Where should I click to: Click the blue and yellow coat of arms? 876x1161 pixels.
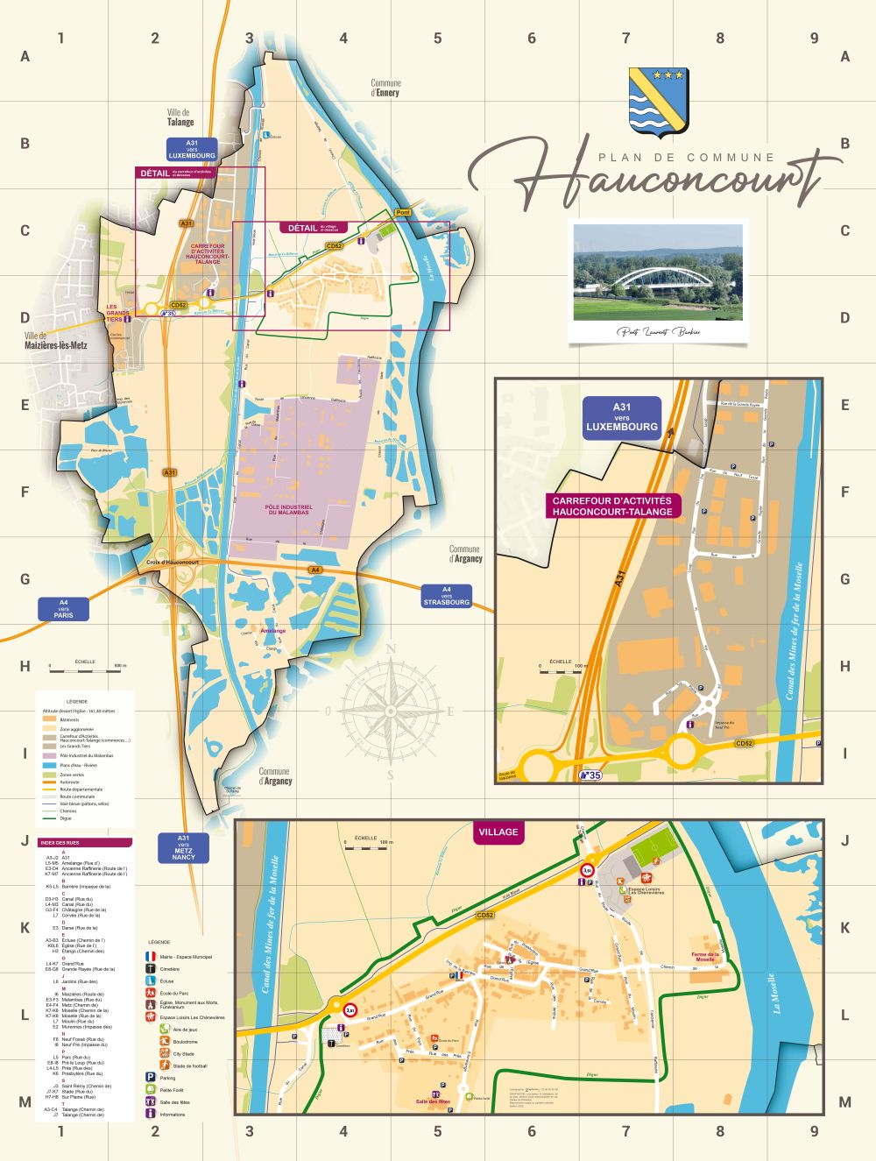coord(659,102)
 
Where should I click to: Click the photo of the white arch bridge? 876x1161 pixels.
coord(657,273)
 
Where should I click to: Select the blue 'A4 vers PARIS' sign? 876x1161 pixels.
coord(64,609)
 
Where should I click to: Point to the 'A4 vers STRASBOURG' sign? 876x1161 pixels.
coord(447,596)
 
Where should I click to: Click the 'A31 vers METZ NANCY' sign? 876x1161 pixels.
coord(184,847)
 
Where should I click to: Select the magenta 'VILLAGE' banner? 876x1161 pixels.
coord(498,832)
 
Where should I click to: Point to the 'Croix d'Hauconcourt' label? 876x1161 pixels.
coord(173,563)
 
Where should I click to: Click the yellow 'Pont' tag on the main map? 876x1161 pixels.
coord(402,213)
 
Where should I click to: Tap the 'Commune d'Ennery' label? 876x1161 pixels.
coord(385,88)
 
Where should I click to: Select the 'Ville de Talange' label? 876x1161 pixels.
coord(180,117)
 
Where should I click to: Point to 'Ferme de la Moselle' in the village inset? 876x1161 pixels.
coord(704,957)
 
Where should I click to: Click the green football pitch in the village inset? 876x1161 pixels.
coord(654,847)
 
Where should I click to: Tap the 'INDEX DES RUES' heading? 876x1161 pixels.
coord(85,843)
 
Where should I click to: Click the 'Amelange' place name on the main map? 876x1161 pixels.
coord(272,630)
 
